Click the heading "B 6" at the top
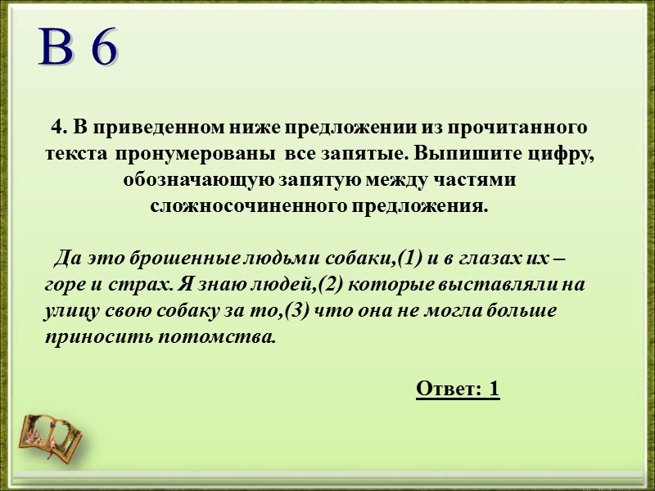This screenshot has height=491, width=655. click(79, 49)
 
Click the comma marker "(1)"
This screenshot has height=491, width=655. click(407, 260)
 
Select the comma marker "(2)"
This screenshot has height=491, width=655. click(334, 286)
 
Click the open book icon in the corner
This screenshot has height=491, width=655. click(52, 432)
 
